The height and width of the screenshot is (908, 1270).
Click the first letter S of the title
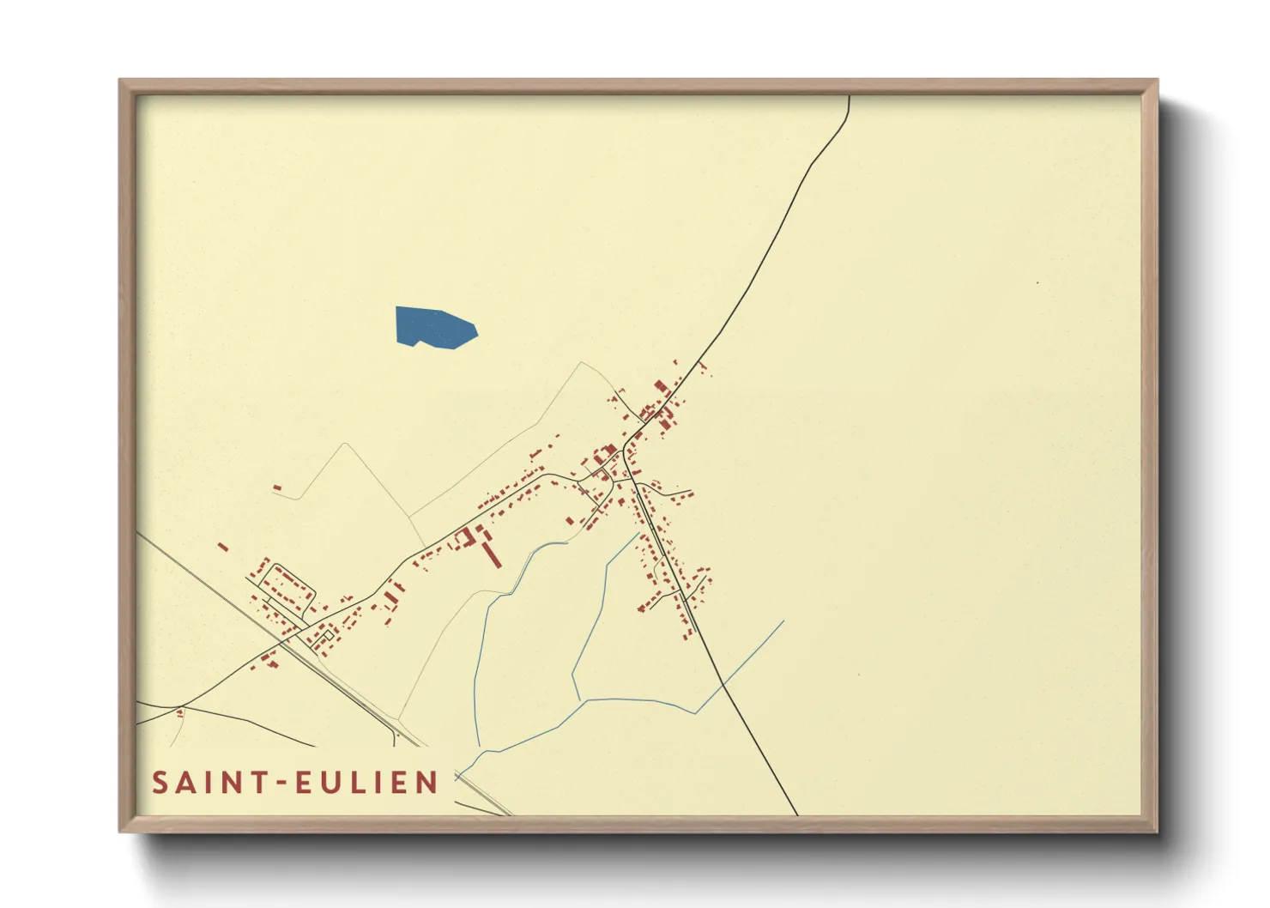[x=160, y=783]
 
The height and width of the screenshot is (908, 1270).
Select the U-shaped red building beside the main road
[x=466, y=539]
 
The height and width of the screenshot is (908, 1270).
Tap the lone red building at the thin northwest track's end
[x=277, y=488]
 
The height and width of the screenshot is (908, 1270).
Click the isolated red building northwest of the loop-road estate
[x=223, y=546]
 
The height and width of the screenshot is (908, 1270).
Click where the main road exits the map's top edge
[x=849, y=97]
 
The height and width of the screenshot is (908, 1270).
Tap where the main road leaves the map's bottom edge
[x=796, y=813]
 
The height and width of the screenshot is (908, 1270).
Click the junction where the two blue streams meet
[x=586, y=701]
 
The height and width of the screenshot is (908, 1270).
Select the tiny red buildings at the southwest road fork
[x=180, y=711]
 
